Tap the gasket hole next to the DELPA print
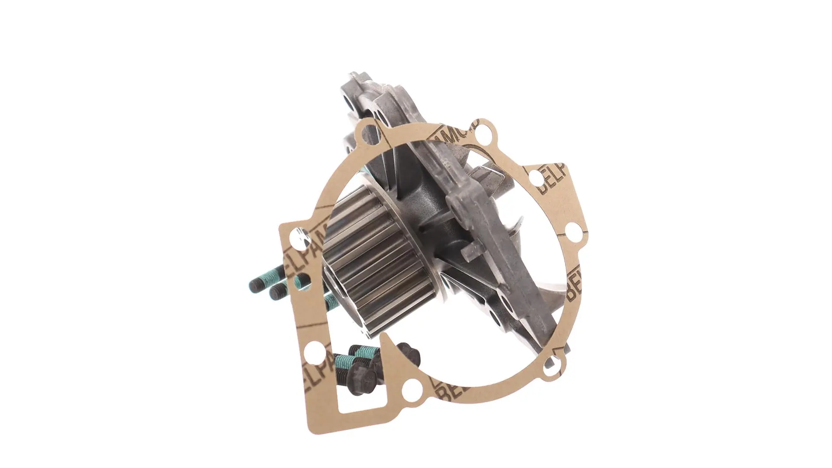click(536, 177)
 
